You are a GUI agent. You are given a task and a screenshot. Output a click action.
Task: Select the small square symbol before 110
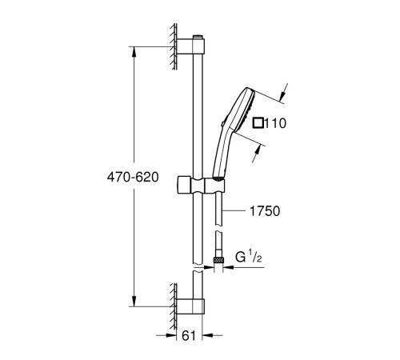coord(258,123)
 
